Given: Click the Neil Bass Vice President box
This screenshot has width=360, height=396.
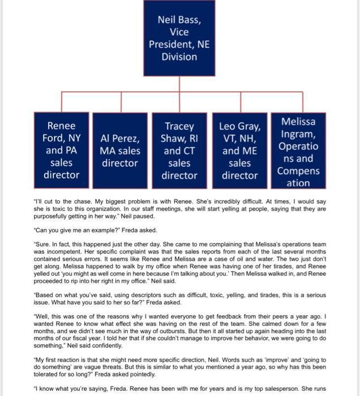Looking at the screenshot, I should [x=179, y=38].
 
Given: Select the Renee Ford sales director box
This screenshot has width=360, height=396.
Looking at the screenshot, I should [x=61, y=150].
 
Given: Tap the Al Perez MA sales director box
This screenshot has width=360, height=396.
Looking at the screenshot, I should [x=120, y=150].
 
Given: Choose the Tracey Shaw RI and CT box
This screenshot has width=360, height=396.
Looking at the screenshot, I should [x=179, y=150].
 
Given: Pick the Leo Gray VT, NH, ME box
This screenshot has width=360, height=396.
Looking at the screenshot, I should [x=240, y=150].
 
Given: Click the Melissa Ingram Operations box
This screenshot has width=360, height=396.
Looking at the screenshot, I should [x=298, y=150].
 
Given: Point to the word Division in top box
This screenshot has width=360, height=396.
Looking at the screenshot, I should [x=179, y=57].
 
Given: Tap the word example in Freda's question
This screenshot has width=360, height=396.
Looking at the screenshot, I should [x=97, y=230].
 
